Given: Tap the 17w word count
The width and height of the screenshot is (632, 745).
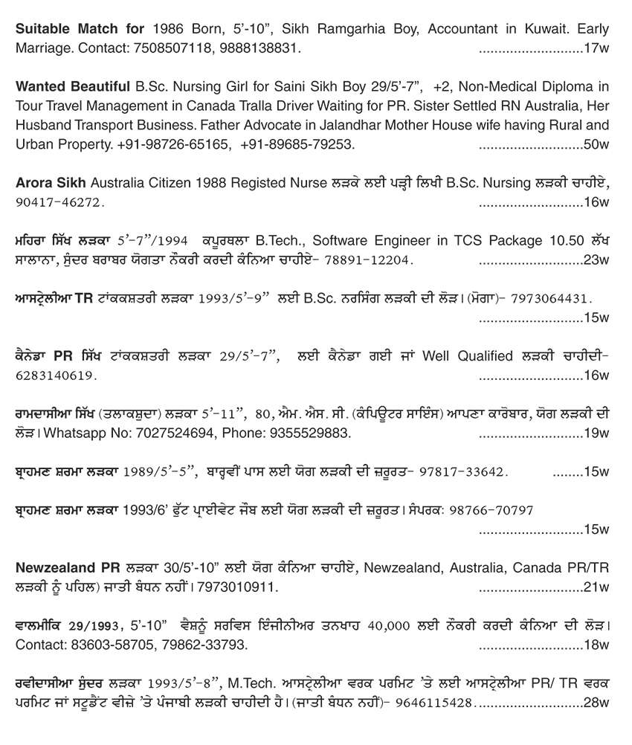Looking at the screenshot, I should point(596,48).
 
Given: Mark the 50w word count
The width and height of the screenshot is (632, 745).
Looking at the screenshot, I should point(596,143).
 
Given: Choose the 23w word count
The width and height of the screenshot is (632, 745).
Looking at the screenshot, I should point(596,259).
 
